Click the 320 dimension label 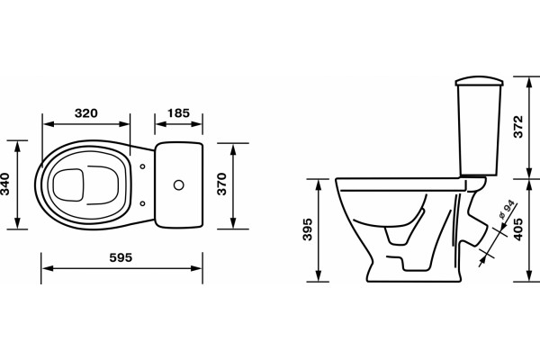[86, 113]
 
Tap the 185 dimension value [178, 113]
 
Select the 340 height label [5, 184]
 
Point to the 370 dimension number [222, 184]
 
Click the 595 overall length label [121, 257]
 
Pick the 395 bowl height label [307, 229]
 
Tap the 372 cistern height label [518, 127]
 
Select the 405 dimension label [518, 229]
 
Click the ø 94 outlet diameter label [506, 210]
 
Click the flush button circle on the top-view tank [179, 185]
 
